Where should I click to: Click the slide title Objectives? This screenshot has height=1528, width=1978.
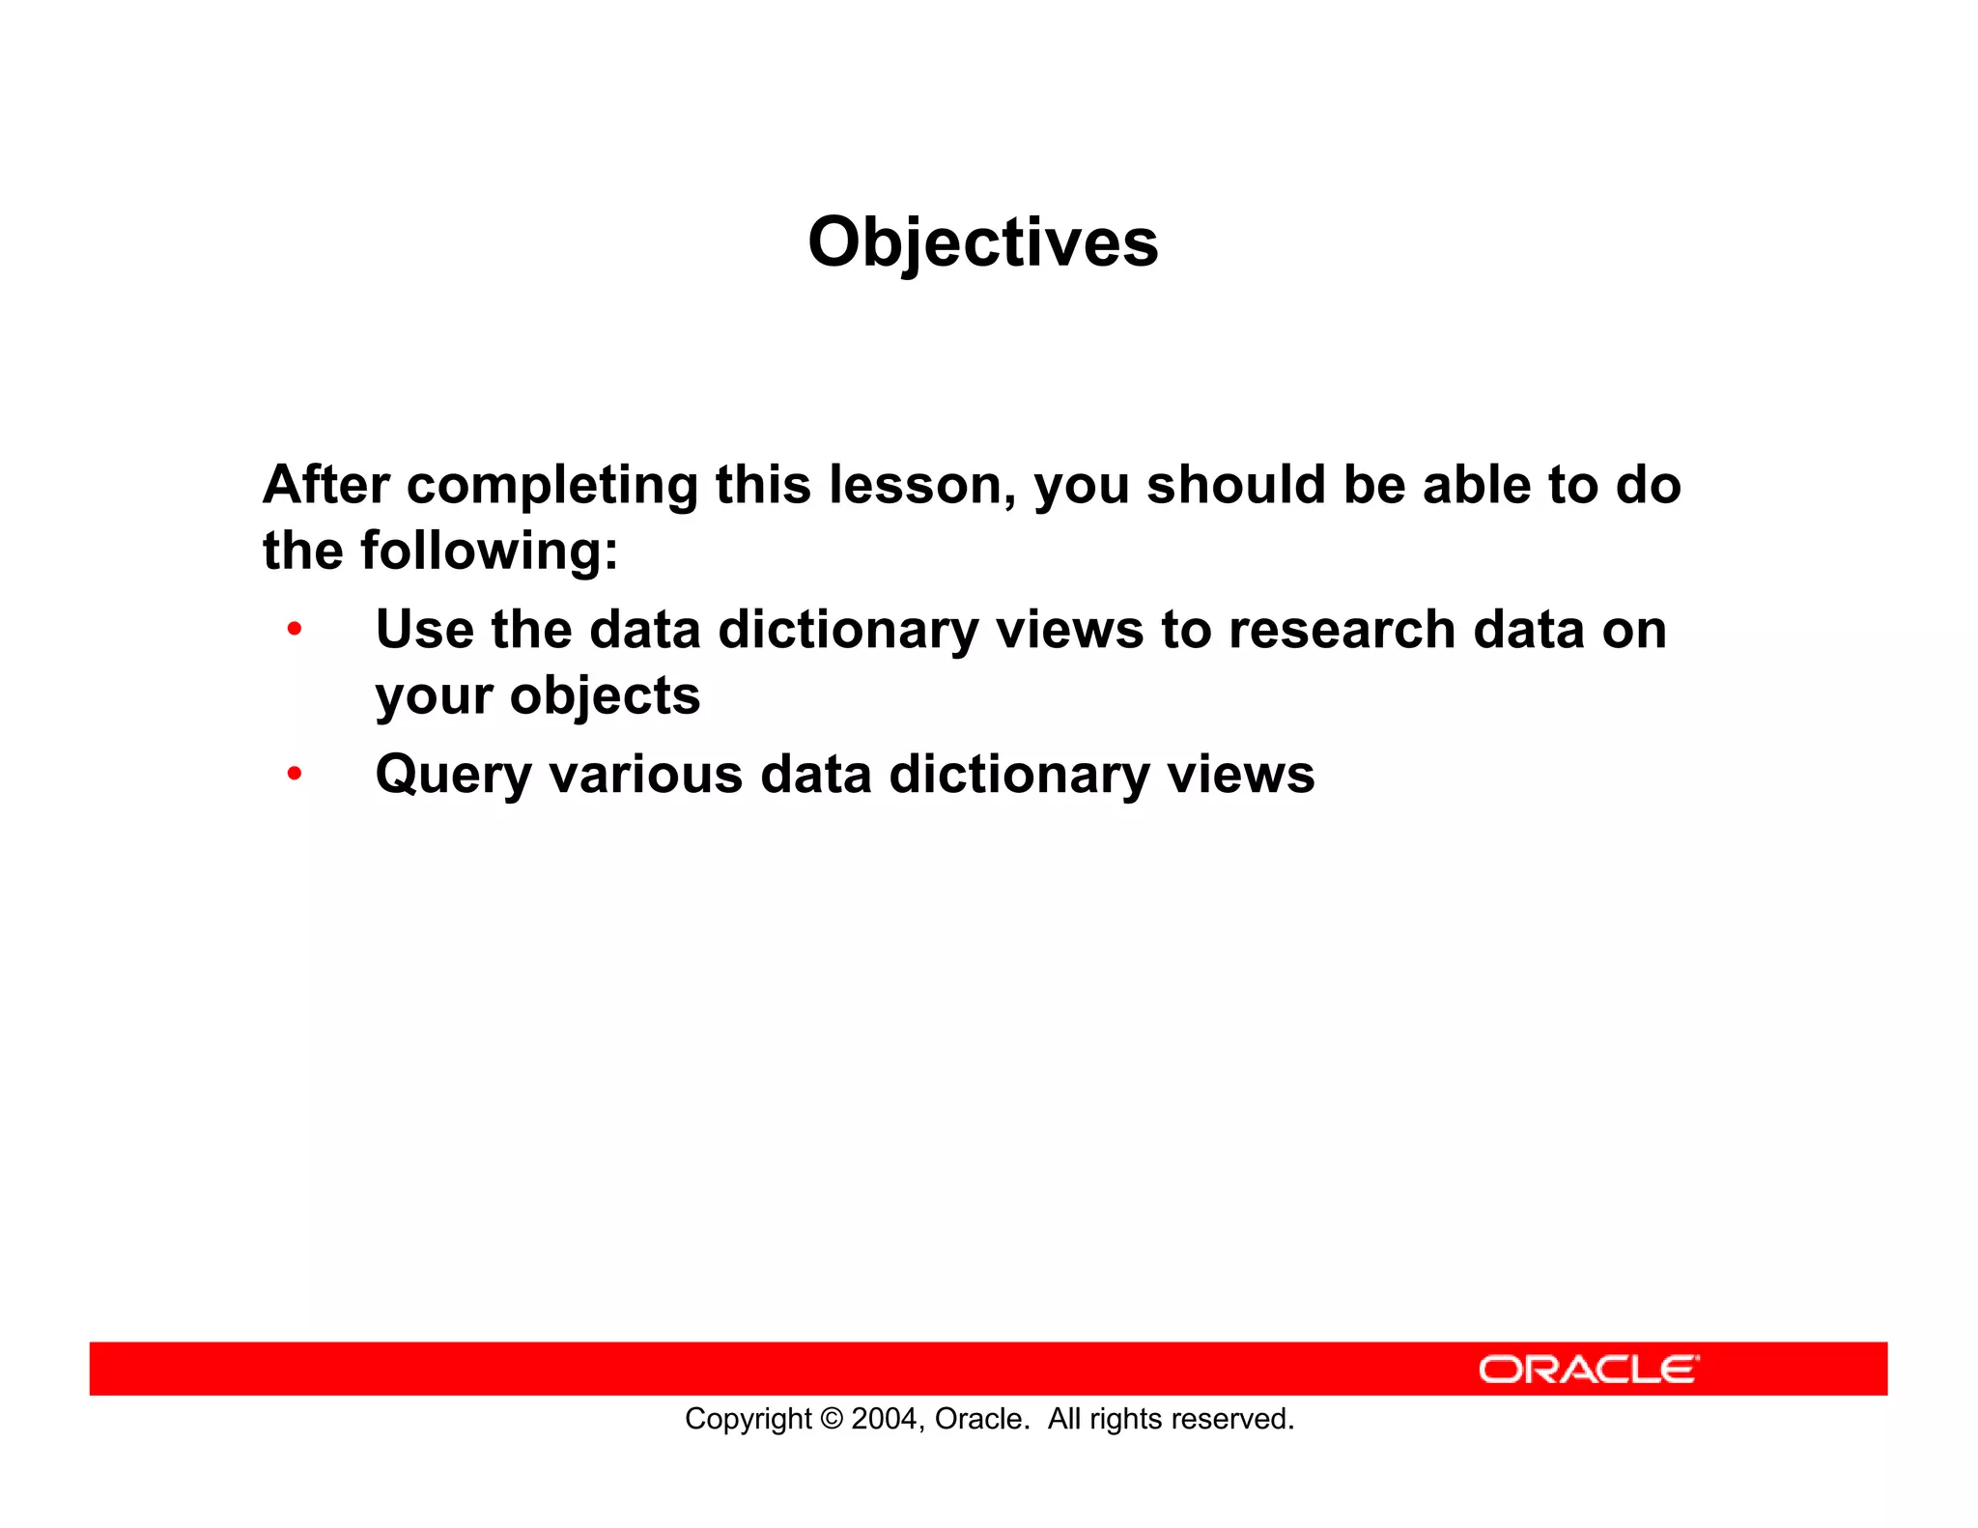point(982,242)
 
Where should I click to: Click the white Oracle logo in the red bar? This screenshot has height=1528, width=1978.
point(1587,1370)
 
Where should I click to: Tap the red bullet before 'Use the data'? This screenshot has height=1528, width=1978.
point(295,630)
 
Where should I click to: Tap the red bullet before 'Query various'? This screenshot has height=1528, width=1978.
point(295,774)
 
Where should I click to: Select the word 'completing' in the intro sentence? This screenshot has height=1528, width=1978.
point(551,486)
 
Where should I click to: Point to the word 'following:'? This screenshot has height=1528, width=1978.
point(489,552)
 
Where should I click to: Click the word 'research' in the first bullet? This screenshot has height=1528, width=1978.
point(1342,630)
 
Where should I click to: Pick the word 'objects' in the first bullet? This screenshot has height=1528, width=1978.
point(605,695)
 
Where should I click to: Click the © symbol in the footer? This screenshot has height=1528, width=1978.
point(831,1419)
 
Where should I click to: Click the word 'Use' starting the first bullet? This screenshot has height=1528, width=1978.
point(424,630)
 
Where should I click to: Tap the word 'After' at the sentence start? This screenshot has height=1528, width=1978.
point(325,485)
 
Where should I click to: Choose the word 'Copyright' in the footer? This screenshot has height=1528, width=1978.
point(748,1419)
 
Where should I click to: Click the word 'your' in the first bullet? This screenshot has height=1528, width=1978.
point(434,697)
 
